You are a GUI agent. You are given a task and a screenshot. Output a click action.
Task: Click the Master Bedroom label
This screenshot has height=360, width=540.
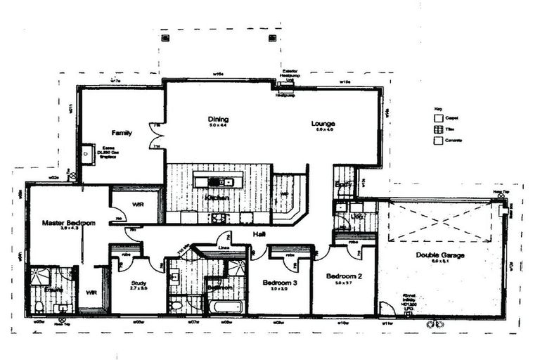68,223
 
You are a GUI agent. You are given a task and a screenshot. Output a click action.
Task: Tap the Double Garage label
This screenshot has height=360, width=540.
439,255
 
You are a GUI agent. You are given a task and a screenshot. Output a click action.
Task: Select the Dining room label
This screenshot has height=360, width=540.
217,120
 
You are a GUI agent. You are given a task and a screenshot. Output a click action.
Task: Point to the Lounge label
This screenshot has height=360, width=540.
323,124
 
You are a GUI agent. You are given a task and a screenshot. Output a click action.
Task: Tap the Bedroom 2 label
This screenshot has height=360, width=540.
344,276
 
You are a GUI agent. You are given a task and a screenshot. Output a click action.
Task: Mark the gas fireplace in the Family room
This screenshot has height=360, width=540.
87,154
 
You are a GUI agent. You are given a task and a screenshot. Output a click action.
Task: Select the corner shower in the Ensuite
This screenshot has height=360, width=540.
39,277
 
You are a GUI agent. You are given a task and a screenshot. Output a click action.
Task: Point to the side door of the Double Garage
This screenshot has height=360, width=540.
385,308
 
